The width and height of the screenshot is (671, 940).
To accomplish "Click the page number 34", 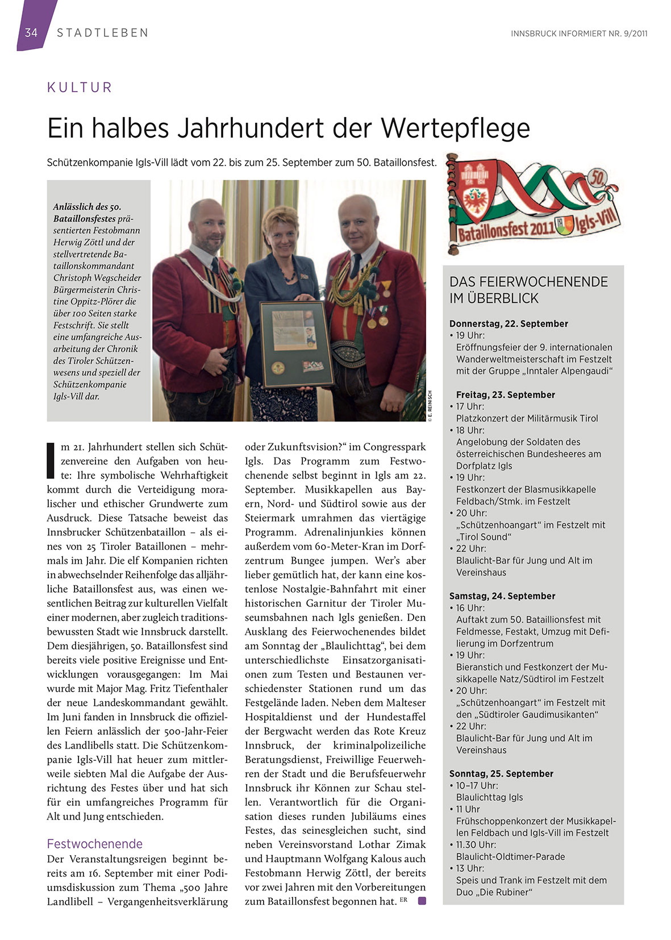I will [x=31, y=32].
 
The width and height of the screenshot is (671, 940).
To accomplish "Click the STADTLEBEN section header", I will [x=102, y=33].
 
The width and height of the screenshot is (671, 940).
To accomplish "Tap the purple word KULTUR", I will [x=80, y=88].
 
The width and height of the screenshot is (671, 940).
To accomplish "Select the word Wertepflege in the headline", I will [x=455, y=128].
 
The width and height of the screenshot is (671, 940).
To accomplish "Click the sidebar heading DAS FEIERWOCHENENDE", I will [x=528, y=282].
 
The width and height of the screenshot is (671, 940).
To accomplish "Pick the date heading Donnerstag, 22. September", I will [x=509, y=323].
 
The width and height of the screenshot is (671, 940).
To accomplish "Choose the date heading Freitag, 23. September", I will [x=505, y=394].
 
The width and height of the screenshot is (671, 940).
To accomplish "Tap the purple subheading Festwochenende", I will [x=95, y=843].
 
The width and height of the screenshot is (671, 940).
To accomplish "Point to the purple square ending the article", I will [x=422, y=901].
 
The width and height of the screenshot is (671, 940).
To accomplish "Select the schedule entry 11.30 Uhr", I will [x=476, y=845].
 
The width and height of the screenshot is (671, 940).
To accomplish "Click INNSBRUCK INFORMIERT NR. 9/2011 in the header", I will [x=579, y=34].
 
